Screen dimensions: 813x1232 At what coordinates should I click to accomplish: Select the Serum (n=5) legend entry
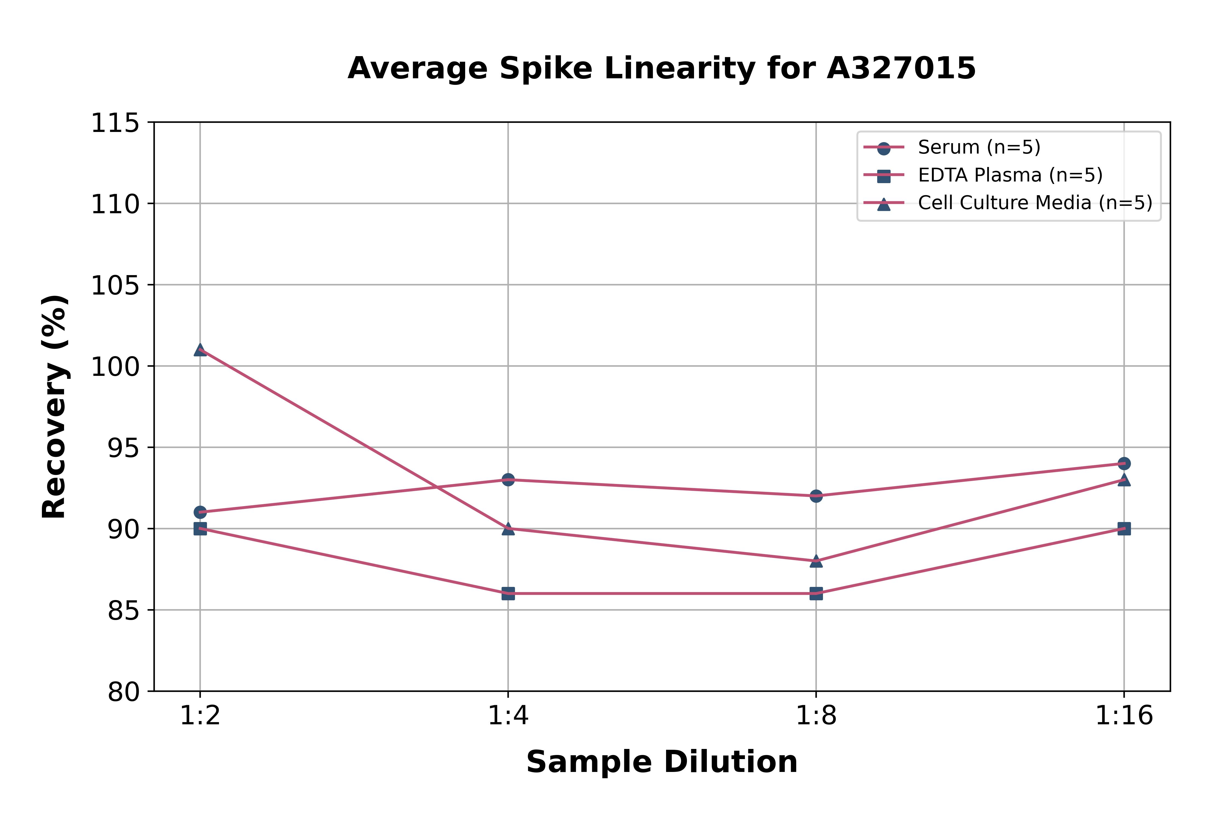pyautogui.click(x=978, y=147)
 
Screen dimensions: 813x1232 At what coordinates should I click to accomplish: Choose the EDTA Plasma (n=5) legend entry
pyautogui.click(x=1010, y=175)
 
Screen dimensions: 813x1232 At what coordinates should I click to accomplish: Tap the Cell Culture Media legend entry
pyautogui.click(x=1034, y=203)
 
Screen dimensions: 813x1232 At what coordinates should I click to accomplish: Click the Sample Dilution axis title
pyautogui.click(x=662, y=762)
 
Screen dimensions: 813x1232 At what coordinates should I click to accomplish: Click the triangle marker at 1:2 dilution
pyautogui.click(x=200, y=350)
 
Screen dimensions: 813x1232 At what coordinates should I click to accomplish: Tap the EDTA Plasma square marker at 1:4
pyautogui.click(x=508, y=594)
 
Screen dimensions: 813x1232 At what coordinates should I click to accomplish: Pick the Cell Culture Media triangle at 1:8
pyautogui.click(x=816, y=561)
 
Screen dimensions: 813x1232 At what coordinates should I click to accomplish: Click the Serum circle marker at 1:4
pyautogui.click(x=508, y=480)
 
